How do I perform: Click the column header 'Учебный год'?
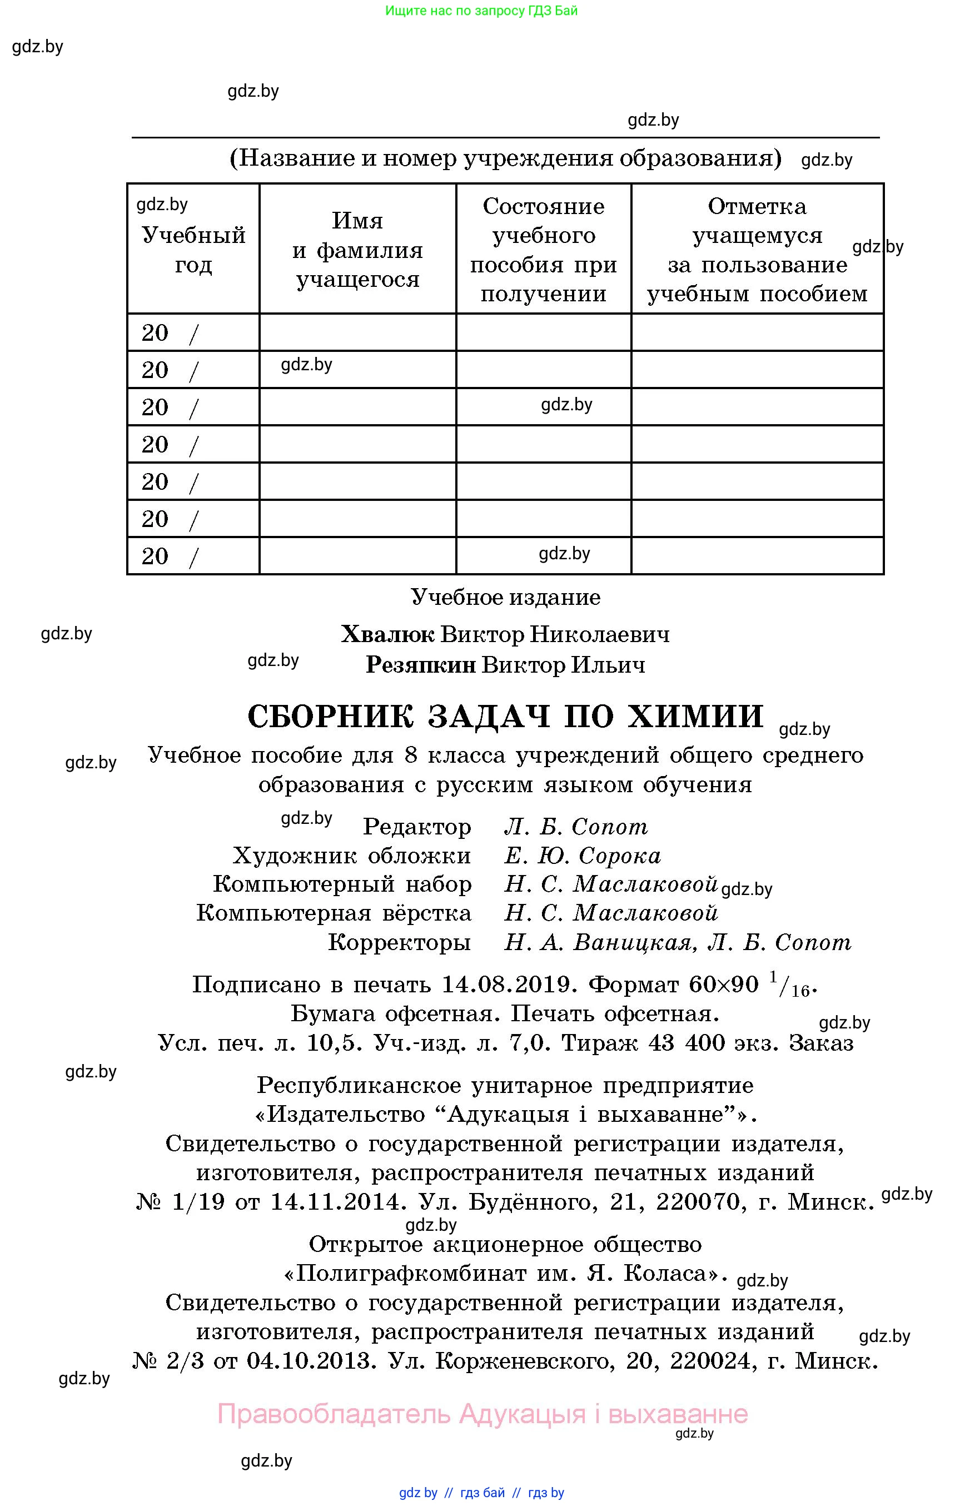[193, 250]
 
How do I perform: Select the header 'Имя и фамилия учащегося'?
[357, 250]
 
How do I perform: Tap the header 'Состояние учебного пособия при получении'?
[543, 250]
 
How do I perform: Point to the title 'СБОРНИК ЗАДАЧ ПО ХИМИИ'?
[505, 715]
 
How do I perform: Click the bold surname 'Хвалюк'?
[387, 634]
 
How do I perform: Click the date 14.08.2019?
[509, 985]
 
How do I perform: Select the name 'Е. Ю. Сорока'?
[582, 856]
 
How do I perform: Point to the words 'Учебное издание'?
[505, 597]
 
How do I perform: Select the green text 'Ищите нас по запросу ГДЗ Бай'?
[481, 11]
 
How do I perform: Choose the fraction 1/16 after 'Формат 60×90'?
[789, 985]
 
